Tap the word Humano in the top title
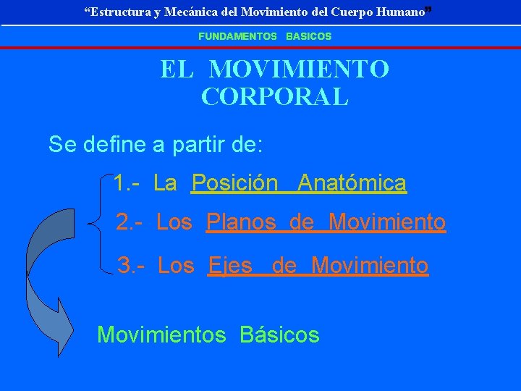[x=401, y=12]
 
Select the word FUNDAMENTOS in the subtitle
[x=238, y=35]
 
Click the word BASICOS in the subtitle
[x=308, y=35]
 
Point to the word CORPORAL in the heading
[x=275, y=96]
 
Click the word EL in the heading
[x=176, y=70]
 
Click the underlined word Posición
[x=235, y=183]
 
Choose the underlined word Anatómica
[x=352, y=183]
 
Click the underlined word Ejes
[x=230, y=266]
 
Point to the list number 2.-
[x=131, y=222]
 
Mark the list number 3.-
[x=132, y=266]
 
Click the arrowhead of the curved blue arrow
[x=61, y=329]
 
